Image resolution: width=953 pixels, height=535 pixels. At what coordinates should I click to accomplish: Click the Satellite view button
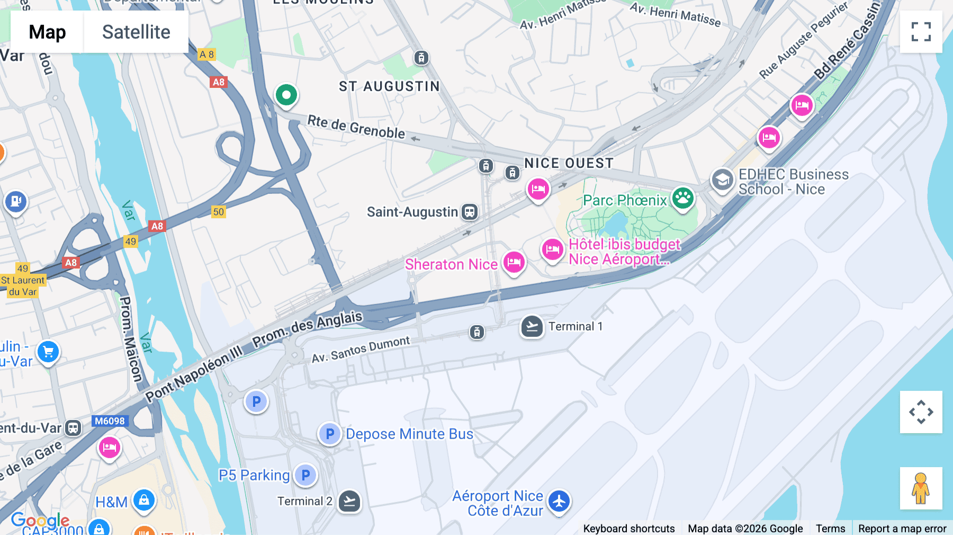click(x=136, y=32)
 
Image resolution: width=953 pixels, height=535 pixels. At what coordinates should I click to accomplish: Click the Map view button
click(x=47, y=32)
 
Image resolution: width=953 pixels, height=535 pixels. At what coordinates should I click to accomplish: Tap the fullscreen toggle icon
click(x=921, y=32)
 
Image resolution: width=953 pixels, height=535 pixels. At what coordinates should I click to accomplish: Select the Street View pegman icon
click(x=921, y=488)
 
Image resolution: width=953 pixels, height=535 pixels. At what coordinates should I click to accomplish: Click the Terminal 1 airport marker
click(x=532, y=326)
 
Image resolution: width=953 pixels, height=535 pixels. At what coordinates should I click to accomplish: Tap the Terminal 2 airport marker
click(x=349, y=501)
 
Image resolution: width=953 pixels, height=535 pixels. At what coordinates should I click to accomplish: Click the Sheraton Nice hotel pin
click(x=514, y=262)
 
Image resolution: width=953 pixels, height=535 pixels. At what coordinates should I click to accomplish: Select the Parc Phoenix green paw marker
click(x=683, y=199)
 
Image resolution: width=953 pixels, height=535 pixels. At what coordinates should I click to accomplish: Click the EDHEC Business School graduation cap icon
click(x=722, y=180)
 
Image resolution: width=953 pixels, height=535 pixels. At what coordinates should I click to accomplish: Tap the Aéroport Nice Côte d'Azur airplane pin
click(x=559, y=501)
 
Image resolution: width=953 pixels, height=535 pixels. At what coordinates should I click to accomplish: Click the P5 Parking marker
click(x=305, y=475)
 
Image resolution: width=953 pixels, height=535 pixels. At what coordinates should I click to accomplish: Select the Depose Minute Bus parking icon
click(x=329, y=434)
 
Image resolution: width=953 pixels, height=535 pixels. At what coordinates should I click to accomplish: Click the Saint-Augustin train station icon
click(x=469, y=212)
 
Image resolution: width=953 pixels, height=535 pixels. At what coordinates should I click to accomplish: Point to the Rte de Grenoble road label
click(x=356, y=127)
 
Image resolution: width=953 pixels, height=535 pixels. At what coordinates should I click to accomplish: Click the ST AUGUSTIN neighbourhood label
click(x=389, y=86)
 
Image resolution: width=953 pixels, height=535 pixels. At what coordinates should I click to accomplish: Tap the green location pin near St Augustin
click(x=286, y=95)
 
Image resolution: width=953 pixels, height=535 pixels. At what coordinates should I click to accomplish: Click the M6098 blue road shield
click(x=110, y=421)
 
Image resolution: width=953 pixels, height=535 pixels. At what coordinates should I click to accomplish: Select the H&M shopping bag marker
click(x=143, y=500)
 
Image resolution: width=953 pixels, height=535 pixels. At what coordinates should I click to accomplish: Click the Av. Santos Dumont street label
click(x=361, y=350)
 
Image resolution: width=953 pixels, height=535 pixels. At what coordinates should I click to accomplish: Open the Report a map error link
click(x=902, y=528)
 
